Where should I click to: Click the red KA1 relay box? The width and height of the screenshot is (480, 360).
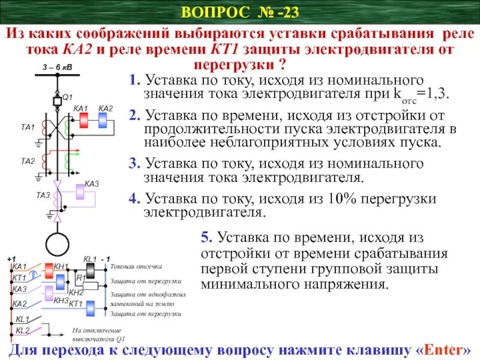83,120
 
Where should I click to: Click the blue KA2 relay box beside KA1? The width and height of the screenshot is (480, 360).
103,120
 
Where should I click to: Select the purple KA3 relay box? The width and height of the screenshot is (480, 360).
80,192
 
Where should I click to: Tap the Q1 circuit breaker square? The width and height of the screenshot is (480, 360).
58,101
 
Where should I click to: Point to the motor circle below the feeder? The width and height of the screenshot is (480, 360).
58,244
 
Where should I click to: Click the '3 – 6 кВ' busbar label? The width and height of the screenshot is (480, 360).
57,67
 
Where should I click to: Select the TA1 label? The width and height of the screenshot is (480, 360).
28,127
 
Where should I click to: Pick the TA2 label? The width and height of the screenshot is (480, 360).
28,161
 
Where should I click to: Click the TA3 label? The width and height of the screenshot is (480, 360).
43,194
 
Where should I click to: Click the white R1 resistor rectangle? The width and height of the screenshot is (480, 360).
90,285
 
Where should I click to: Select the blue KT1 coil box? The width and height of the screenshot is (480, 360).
91,308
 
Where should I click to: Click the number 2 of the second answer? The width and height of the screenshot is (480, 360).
133,116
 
